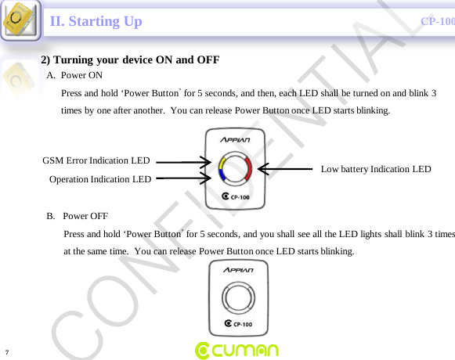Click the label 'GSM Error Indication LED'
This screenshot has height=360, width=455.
[x=96, y=160]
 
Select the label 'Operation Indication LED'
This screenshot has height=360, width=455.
[x=100, y=179]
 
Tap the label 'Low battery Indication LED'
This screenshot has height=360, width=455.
[x=376, y=169]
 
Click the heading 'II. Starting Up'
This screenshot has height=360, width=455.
[x=96, y=21]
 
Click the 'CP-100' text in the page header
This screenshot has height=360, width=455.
[x=437, y=21]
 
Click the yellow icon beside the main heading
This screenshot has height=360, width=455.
[x=20, y=21]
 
